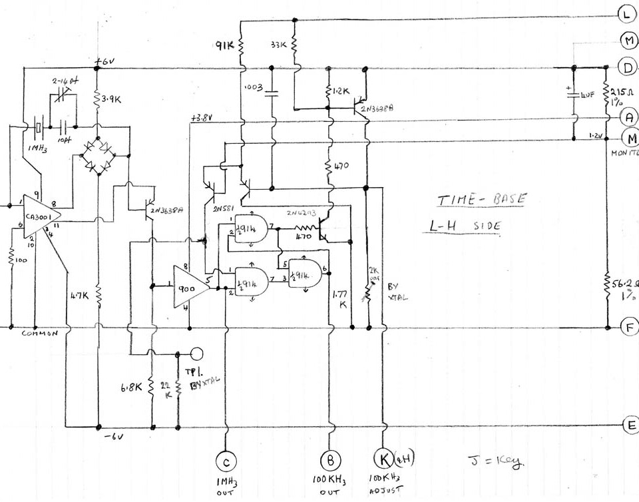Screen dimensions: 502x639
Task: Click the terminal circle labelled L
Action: pyautogui.click(x=627, y=13)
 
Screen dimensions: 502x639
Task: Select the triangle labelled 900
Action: pyautogui.click(x=188, y=287)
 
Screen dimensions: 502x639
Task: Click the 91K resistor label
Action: pyautogui.click(x=224, y=47)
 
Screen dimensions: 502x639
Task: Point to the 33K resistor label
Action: pyautogui.click(x=278, y=45)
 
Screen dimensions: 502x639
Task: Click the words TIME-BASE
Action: pyautogui.click(x=481, y=199)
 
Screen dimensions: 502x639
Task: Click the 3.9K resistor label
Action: pyautogui.click(x=108, y=99)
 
